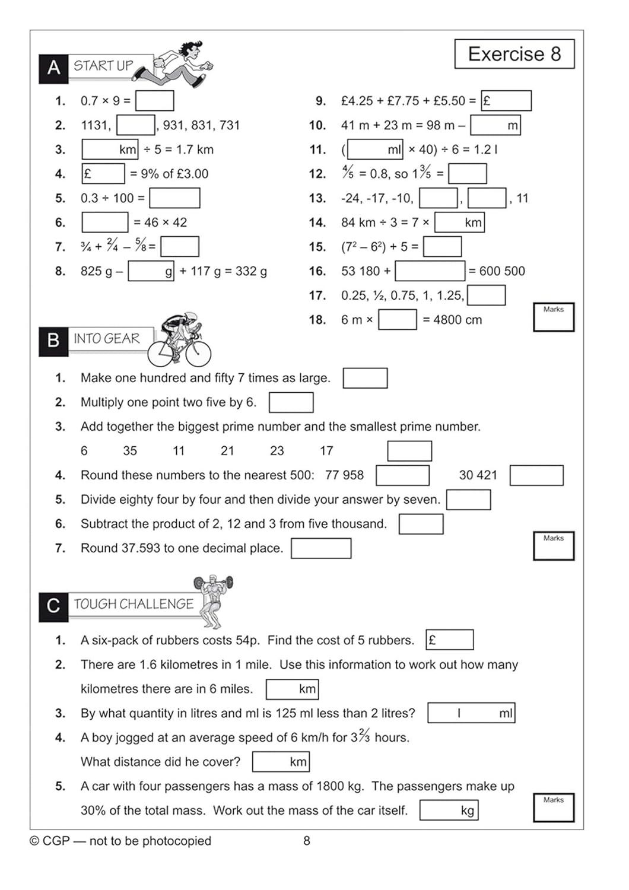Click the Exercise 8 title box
(x=514, y=54)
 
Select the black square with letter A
(x=53, y=68)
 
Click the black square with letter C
(x=53, y=606)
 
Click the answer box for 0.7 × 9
(x=154, y=101)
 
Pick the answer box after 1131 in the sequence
(x=136, y=125)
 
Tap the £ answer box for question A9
(x=506, y=101)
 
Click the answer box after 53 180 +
(x=430, y=271)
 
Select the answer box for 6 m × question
(x=397, y=320)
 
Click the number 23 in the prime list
(x=277, y=451)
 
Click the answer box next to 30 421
(x=536, y=475)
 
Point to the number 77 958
(x=344, y=475)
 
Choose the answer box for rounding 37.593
(x=320, y=548)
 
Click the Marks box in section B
(x=553, y=546)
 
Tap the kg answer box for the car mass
(x=448, y=810)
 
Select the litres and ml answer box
(x=471, y=713)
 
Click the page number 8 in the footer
(x=307, y=841)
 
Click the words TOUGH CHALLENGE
(x=134, y=604)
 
